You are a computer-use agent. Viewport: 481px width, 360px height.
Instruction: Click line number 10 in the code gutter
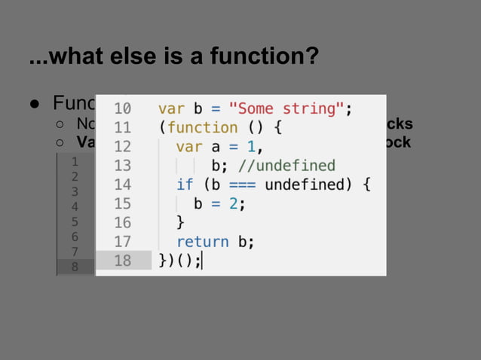coord(122,108)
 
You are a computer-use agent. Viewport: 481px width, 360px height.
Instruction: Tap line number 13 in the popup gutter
coord(122,166)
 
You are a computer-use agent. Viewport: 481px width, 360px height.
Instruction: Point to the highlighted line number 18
coord(122,261)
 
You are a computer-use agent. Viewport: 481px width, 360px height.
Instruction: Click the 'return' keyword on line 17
coord(202,242)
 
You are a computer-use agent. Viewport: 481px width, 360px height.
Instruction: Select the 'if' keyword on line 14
coord(185,185)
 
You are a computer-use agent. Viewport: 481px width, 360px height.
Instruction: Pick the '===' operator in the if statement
coord(240,185)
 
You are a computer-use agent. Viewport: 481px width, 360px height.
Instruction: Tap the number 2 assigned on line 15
coord(237,203)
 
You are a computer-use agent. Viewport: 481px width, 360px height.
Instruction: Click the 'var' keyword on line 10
coord(170,108)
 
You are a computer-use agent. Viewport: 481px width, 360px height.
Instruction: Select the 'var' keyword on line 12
coord(188,146)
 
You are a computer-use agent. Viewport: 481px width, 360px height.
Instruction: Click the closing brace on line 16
coord(180,223)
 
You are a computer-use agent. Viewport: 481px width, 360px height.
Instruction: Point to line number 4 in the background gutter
coord(75,206)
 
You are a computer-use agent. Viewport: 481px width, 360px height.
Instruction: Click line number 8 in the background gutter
coord(75,267)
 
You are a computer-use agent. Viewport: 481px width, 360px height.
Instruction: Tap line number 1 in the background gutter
coord(75,161)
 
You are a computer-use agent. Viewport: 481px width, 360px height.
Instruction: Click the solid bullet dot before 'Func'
coord(35,103)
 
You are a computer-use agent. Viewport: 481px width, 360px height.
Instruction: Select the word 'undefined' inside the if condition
coord(305,185)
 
